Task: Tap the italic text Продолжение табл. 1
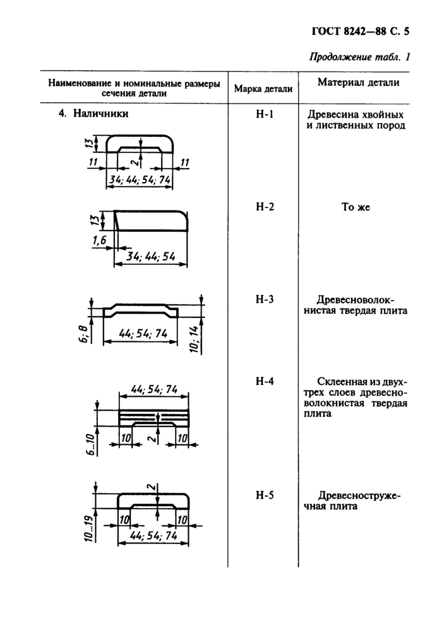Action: pyautogui.click(x=360, y=56)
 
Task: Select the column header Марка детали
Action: pyautogui.click(x=263, y=89)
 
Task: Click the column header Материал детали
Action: pyautogui.click(x=359, y=82)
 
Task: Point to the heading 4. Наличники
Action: pyautogui.click(x=93, y=113)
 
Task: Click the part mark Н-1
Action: pyautogui.click(x=265, y=114)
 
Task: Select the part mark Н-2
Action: pyautogui.click(x=265, y=207)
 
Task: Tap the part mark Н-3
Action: pyautogui.click(x=265, y=300)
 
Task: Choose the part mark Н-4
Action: pyautogui.click(x=265, y=381)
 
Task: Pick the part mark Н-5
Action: pyautogui.click(x=265, y=495)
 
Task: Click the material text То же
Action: pyautogui.click(x=355, y=207)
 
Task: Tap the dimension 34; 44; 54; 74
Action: pyautogui.click(x=140, y=179)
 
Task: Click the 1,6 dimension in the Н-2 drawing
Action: pyautogui.click(x=99, y=241)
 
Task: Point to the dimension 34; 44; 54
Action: pyautogui.click(x=150, y=257)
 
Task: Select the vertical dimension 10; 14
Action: pyautogui.click(x=195, y=339)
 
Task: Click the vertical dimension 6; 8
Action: pyautogui.click(x=83, y=334)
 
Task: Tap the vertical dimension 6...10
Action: pyautogui.click(x=90, y=444)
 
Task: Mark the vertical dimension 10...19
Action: pyautogui.click(x=89, y=528)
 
